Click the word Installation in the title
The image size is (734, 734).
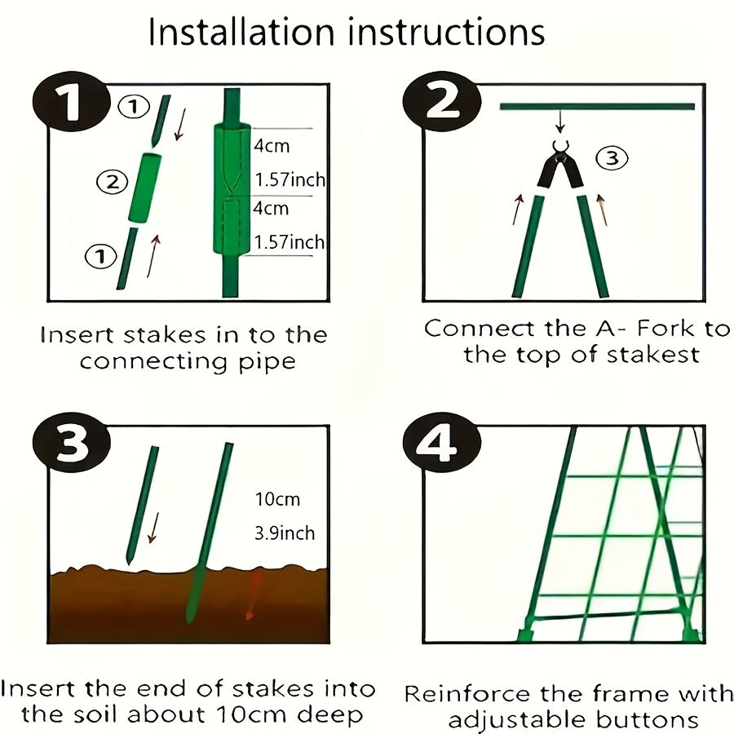tap(241, 32)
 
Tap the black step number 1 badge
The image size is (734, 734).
tap(71, 103)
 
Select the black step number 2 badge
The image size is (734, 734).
tap(442, 102)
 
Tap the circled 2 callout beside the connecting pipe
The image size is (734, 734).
tap(113, 181)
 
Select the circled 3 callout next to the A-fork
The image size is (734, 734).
tap(612, 157)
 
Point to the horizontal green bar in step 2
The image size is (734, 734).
tap(597, 107)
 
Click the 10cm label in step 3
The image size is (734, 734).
tap(277, 499)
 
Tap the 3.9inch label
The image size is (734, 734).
tap(285, 533)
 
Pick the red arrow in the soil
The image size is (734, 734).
tap(252, 595)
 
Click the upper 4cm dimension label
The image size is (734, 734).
tap(272, 146)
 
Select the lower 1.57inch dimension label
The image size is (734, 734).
tap(289, 242)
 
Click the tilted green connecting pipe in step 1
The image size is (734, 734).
tap(145, 188)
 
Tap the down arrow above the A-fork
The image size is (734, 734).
tap(560, 122)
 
